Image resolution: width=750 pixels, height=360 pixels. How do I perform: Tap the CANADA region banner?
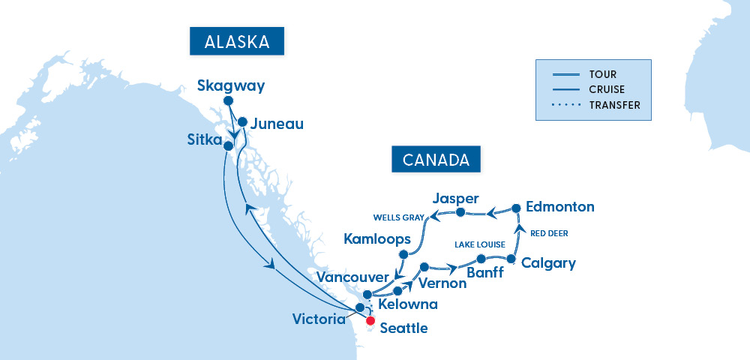pos(436,160)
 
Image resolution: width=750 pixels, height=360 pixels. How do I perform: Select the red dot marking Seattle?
pos(370,320)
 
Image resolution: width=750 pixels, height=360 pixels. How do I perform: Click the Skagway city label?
pos(231,86)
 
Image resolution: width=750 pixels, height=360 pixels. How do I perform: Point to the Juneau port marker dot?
pos(242,121)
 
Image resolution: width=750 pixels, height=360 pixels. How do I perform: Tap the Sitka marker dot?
pos(228,146)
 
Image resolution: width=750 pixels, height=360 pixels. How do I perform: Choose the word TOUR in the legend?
pos(603,74)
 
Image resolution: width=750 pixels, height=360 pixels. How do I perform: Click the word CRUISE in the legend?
pos(608,90)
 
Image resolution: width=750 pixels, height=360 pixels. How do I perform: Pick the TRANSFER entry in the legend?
pos(615,106)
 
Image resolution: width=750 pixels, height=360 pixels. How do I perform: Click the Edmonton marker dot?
pos(516,208)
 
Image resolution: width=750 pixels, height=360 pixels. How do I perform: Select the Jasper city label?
pos(456,199)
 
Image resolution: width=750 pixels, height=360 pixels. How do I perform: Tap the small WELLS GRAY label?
pos(398,218)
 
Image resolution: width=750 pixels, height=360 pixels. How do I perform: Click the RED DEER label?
pos(549,233)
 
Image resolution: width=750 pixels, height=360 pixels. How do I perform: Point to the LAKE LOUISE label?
pos(480,245)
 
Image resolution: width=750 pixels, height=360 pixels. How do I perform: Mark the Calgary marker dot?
pos(511,259)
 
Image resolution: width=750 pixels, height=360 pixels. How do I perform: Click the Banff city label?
pos(485,273)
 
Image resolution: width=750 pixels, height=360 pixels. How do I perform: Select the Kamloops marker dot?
pos(403,255)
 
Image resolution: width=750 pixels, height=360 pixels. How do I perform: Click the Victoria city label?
pos(319,319)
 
